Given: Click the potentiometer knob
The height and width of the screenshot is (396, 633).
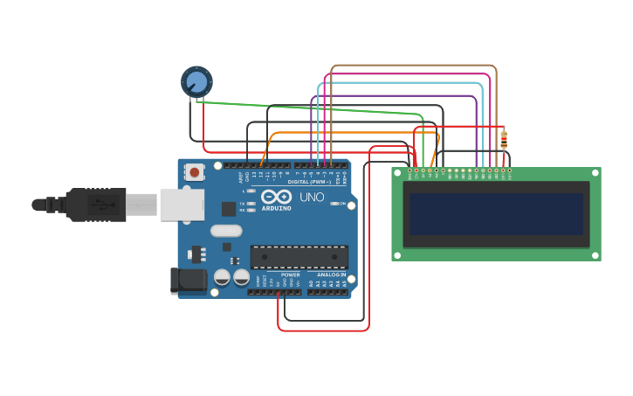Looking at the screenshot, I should point(196,82).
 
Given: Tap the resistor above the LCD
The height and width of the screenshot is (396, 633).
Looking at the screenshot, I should point(504,139).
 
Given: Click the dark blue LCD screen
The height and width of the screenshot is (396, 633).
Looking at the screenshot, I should point(496,214).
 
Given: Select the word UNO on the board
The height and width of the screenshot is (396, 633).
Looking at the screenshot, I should point(312,198).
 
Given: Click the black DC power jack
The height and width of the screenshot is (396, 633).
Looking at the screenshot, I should point(187,281).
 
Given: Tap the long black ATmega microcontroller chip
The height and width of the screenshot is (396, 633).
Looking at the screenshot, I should point(299,256).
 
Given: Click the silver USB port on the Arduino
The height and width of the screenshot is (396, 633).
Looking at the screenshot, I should point(181,205).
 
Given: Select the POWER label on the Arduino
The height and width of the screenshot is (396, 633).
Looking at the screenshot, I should point(290,274).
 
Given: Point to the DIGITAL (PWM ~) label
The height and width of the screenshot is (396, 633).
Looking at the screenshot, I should point(309,182).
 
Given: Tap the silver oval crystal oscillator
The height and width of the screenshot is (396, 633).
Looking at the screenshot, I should point(225,231).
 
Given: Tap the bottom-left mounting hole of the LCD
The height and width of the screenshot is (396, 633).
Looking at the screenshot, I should point(397,255).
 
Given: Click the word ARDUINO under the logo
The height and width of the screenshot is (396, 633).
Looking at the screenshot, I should point(276,208).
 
